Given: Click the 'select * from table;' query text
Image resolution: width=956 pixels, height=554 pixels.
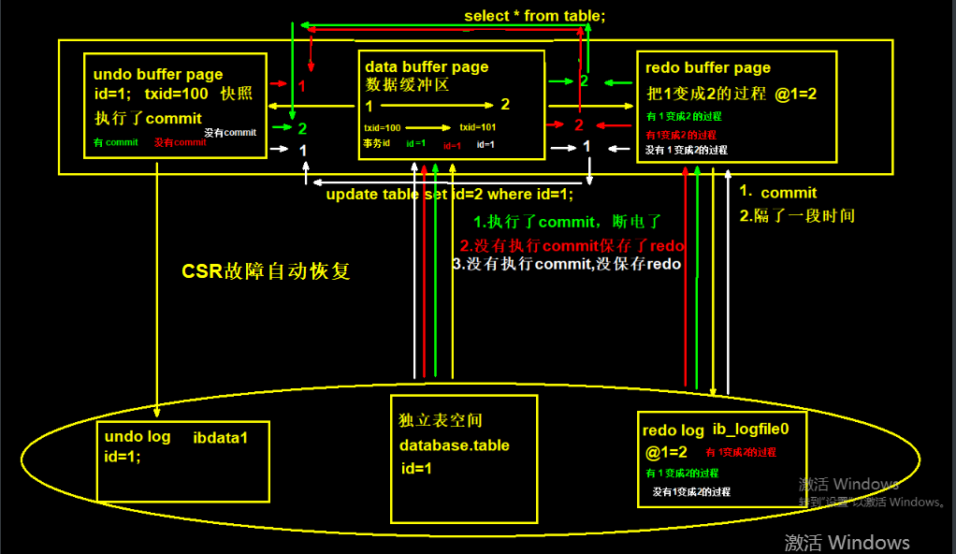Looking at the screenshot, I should [x=535, y=16].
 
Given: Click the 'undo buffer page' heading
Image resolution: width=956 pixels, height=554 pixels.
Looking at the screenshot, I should [x=158, y=74].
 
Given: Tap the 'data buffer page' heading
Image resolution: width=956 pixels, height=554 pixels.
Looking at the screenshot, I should [x=427, y=66].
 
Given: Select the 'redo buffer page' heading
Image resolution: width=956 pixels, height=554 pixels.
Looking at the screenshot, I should [x=708, y=67].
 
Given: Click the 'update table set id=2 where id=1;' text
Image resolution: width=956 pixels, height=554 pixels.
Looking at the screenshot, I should [x=449, y=195].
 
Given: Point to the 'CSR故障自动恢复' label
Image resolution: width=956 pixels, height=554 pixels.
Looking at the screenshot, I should [x=266, y=272].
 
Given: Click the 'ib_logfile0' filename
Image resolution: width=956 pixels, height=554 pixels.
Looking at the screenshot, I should [x=751, y=430].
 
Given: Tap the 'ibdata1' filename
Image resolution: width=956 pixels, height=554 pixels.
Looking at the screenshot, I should [x=220, y=437].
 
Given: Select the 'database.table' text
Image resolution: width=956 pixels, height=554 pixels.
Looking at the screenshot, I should [x=455, y=445].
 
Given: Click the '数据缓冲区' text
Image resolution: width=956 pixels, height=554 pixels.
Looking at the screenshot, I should [x=408, y=85].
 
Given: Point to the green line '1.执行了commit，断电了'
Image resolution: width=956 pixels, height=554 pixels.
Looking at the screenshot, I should [x=567, y=222].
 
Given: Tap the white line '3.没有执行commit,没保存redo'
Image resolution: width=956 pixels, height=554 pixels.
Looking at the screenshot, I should [x=566, y=265].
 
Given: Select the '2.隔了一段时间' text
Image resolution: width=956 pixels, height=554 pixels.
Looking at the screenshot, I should [x=796, y=215].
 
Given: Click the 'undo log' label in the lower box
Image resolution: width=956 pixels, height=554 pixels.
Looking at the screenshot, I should [x=137, y=437].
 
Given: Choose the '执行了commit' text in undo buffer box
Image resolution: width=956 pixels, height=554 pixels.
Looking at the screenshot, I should [x=148, y=119].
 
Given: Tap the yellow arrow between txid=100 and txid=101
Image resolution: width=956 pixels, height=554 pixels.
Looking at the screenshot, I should [x=427, y=126].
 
